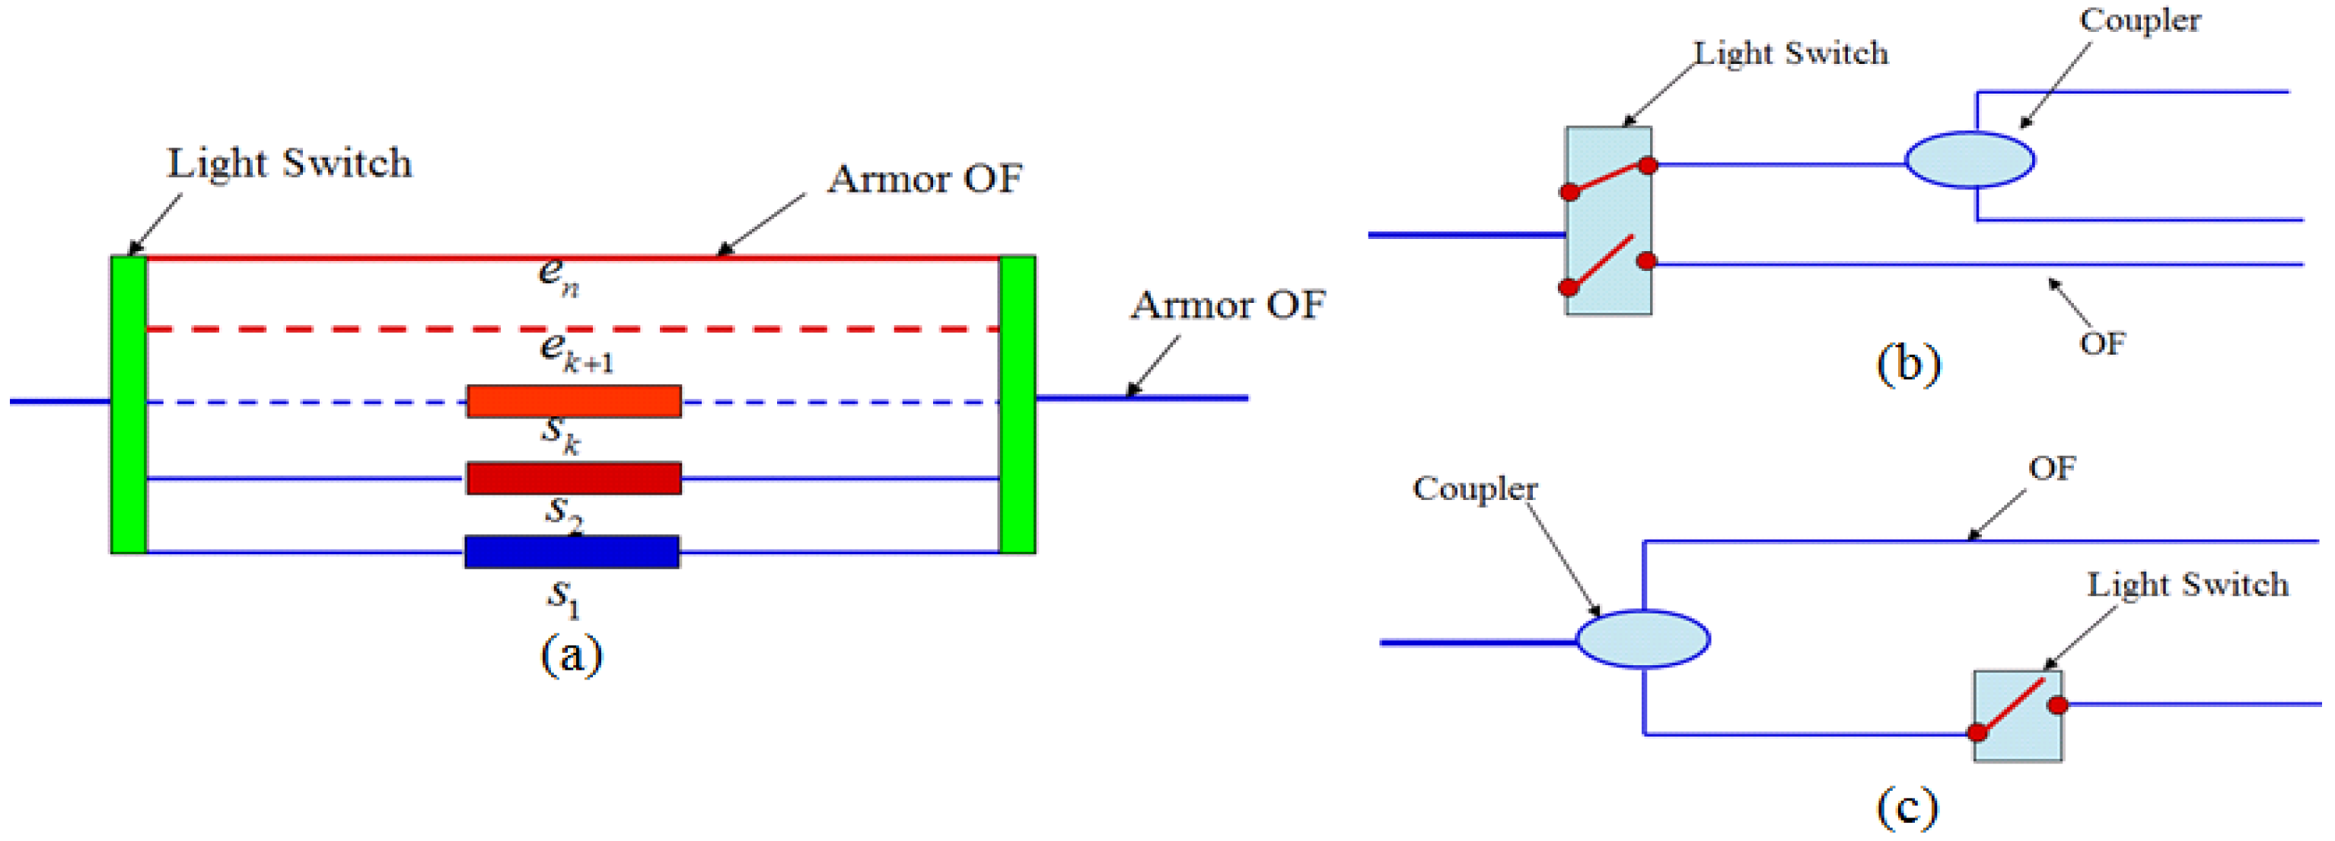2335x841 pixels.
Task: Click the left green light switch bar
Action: pyautogui.click(x=128, y=404)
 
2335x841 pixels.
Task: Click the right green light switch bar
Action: pyautogui.click(x=1017, y=404)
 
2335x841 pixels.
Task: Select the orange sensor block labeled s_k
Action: pyautogui.click(x=574, y=401)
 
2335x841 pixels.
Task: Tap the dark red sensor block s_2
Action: pyautogui.click(x=574, y=479)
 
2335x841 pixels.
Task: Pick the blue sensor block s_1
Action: pyautogui.click(x=572, y=552)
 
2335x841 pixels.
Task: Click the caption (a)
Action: pyautogui.click(x=571, y=655)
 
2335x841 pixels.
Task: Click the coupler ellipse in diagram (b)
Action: pyautogui.click(x=1969, y=160)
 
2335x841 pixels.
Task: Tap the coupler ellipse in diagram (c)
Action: pyautogui.click(x=1642, y=639)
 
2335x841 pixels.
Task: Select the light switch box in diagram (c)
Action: pyautogui.click(x=2018, y=716)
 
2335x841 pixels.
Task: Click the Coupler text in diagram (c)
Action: pyautogui.click(x=1475, y=489)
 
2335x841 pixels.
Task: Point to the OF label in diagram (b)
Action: pyautogui.click(x=2102, y=344)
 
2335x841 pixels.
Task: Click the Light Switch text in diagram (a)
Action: pyautogui.click(x=289, y=164)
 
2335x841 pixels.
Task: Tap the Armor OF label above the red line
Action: pyautogui.click(x=925, y=179)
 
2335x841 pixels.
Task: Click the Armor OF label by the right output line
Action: pyautogui.click(x=1228, y=304)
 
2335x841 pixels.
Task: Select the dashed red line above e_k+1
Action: pyautogui.click(x=571, y=329)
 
